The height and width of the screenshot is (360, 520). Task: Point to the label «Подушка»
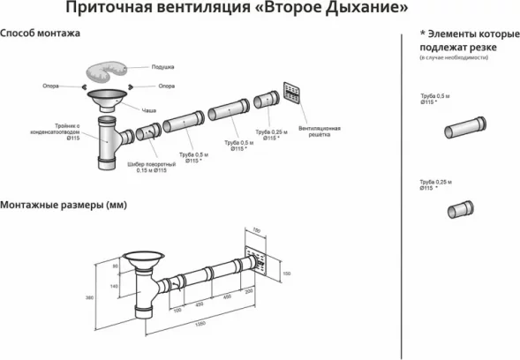coord(162,67)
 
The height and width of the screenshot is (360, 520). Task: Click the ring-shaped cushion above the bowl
coord(111,71)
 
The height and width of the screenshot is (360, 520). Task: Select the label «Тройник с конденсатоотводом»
coord(45,130)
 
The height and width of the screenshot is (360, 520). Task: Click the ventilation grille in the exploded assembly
coord(294,94)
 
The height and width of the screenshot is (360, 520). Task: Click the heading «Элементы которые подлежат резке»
coord(464,40)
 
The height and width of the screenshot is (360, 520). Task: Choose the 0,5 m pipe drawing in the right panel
coord(463,130)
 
